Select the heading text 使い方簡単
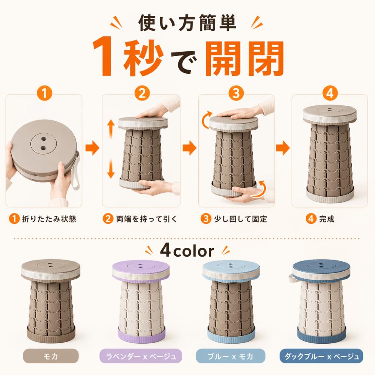187,23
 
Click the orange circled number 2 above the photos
142,93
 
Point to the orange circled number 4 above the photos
330,93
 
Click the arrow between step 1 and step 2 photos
92,148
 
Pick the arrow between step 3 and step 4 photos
283,148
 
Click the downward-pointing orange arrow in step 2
110,169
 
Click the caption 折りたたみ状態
49,219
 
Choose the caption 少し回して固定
240,219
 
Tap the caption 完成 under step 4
326,219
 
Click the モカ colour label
51,356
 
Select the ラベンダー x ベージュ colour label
141,356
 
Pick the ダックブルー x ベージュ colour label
321,356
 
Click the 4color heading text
187,251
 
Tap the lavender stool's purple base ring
142,335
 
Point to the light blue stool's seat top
231,267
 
